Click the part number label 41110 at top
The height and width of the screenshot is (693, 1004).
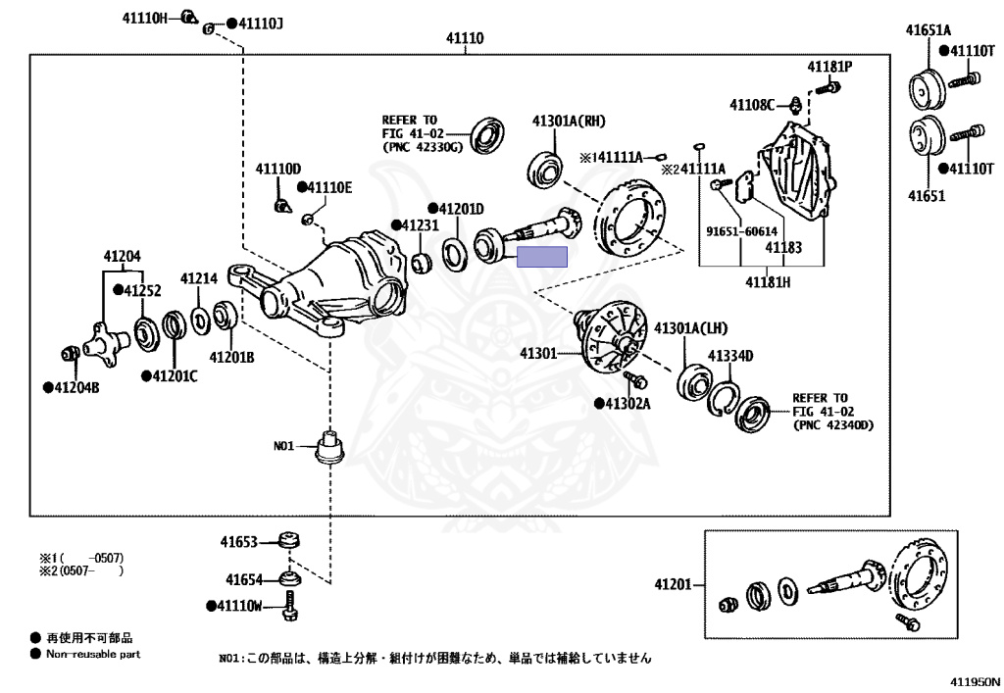coord(465,38)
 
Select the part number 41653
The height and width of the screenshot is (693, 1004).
coord(239,542)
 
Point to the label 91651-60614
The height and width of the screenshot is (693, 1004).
coord(741,231)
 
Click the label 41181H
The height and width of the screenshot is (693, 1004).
coord(768,281)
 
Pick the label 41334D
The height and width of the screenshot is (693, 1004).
coord(729,356)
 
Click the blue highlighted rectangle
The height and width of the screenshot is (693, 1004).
coord(541,257)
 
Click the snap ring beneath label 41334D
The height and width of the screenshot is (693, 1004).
coord(724,399)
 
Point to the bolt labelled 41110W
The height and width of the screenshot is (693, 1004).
coord(289,606)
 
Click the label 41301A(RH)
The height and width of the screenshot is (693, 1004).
coord(569,121)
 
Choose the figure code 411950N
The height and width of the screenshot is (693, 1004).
coord(975,682)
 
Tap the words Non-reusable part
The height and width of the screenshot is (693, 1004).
coord(93,654)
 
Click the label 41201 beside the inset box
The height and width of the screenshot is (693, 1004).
coord(673,584)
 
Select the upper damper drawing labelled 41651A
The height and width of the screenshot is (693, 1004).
coord(928,87)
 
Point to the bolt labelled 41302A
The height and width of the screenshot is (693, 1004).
coord(634,380)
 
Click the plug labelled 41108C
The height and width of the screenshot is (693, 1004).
coord(794,104)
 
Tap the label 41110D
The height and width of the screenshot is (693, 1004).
coord(277,169)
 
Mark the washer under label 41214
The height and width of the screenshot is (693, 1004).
coord(200,320)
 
